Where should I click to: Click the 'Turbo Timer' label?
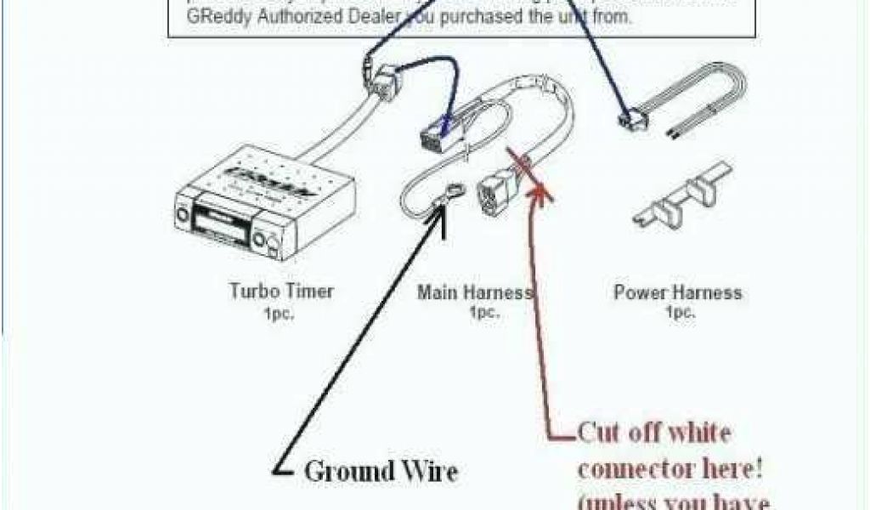point(281,292)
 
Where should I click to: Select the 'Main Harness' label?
point(474,292)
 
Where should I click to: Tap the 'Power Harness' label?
point(677,292)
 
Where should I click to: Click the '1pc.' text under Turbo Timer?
point(281,312)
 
